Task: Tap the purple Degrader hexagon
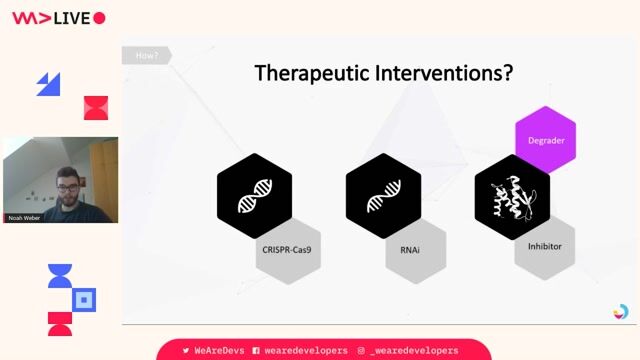(545, 140)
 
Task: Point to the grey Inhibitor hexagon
(545, 245)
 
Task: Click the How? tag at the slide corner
(146, 55)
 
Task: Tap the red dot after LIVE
(99, 18)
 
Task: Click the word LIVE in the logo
(72, 18)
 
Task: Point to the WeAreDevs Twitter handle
(214, 351)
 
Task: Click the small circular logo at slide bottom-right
(621, 312)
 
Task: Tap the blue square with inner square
(85, 299)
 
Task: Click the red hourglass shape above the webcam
(95, 107)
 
